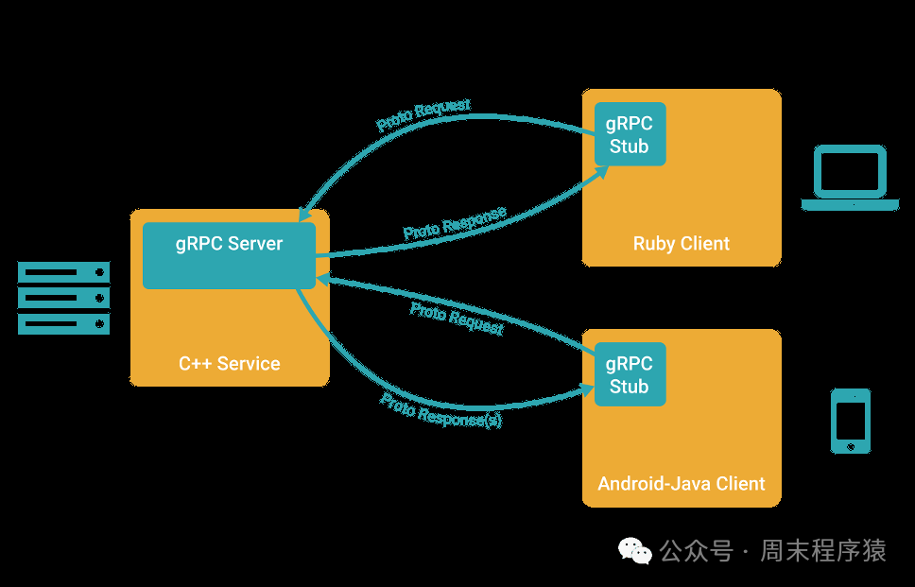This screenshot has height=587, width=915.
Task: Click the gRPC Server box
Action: pyautogui.click(x=229, y=255)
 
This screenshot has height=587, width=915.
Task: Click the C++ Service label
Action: pyautogui.click(x=230, y=364)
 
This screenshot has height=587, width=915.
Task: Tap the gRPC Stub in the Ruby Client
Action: pyautogui.click(x=630, y=134)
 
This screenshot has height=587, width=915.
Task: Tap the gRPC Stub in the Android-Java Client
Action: pyautogui.click(x=630, y=374)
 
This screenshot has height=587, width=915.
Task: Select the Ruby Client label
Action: pyautogui.click(x=682, y=244)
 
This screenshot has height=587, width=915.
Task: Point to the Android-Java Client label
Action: pyautogui.click(x=682, y=484)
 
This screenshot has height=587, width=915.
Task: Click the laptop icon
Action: pyautogui.click(x=850, y=178)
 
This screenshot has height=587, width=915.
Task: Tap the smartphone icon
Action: pyautogui.click(x=851, y=421)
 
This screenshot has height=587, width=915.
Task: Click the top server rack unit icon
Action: pyautogui.click(x=64, y=273)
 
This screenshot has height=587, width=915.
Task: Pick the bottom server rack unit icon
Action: pyautogui.click(x=64, y=324)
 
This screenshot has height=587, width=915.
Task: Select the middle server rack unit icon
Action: pyautogui.click(x=64, y=299)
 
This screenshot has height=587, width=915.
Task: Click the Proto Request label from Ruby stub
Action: pyautogui.click(x=423, y=115)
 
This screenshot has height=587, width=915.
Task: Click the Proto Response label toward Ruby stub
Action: pyautogui.click(x=455, y=223)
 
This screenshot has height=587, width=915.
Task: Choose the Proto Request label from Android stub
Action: pyautogui.click(x=457, y=319)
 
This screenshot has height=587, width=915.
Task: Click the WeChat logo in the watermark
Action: pyautogui.click(x=635, y=550)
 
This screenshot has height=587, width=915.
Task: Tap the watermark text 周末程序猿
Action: pyautogui.click(x=823, y=550)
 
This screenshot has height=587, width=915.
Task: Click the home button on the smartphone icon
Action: pyautogui.click(x=851, y=445)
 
